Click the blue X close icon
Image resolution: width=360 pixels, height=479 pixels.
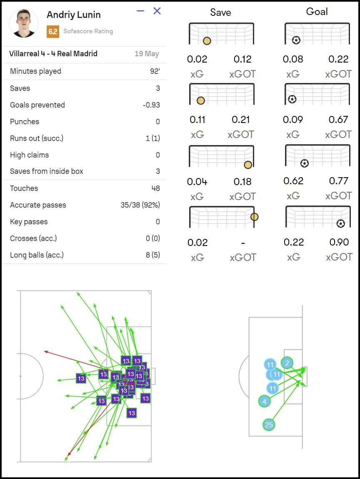tap(157, 11)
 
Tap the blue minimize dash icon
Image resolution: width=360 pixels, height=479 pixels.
tap(140, 11)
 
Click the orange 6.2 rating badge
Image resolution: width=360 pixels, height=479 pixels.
tap(53, 31)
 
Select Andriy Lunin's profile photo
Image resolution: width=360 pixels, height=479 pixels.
tap(24, 23)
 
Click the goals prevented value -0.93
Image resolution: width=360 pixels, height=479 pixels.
tap(151, 105)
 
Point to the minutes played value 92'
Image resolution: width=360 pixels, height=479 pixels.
tap(155, 71)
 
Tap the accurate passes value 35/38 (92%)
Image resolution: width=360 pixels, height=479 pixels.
tap(140, 205)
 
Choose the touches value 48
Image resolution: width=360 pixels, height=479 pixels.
tap(155, 188)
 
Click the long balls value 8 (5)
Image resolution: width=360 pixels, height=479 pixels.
tap(152, 255)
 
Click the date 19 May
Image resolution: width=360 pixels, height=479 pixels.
tap(147, 54)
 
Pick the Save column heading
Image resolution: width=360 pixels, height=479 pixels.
tap(220, 13)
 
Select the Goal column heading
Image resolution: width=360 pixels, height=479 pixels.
tap(317, 12)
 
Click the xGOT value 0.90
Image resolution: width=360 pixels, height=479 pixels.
tap(338, 242)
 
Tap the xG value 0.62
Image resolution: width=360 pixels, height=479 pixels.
tap(293, 181)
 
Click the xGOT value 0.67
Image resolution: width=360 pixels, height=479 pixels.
tap(338, 120)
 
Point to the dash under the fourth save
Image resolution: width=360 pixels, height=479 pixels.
tap(243, 243)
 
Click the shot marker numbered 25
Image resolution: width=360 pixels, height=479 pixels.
tap(269, 425)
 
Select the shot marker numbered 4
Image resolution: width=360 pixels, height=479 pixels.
tap(264, 401)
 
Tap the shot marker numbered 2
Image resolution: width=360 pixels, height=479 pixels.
tap(287, 363)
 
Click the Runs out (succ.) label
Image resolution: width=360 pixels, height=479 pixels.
tap(37, 138)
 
